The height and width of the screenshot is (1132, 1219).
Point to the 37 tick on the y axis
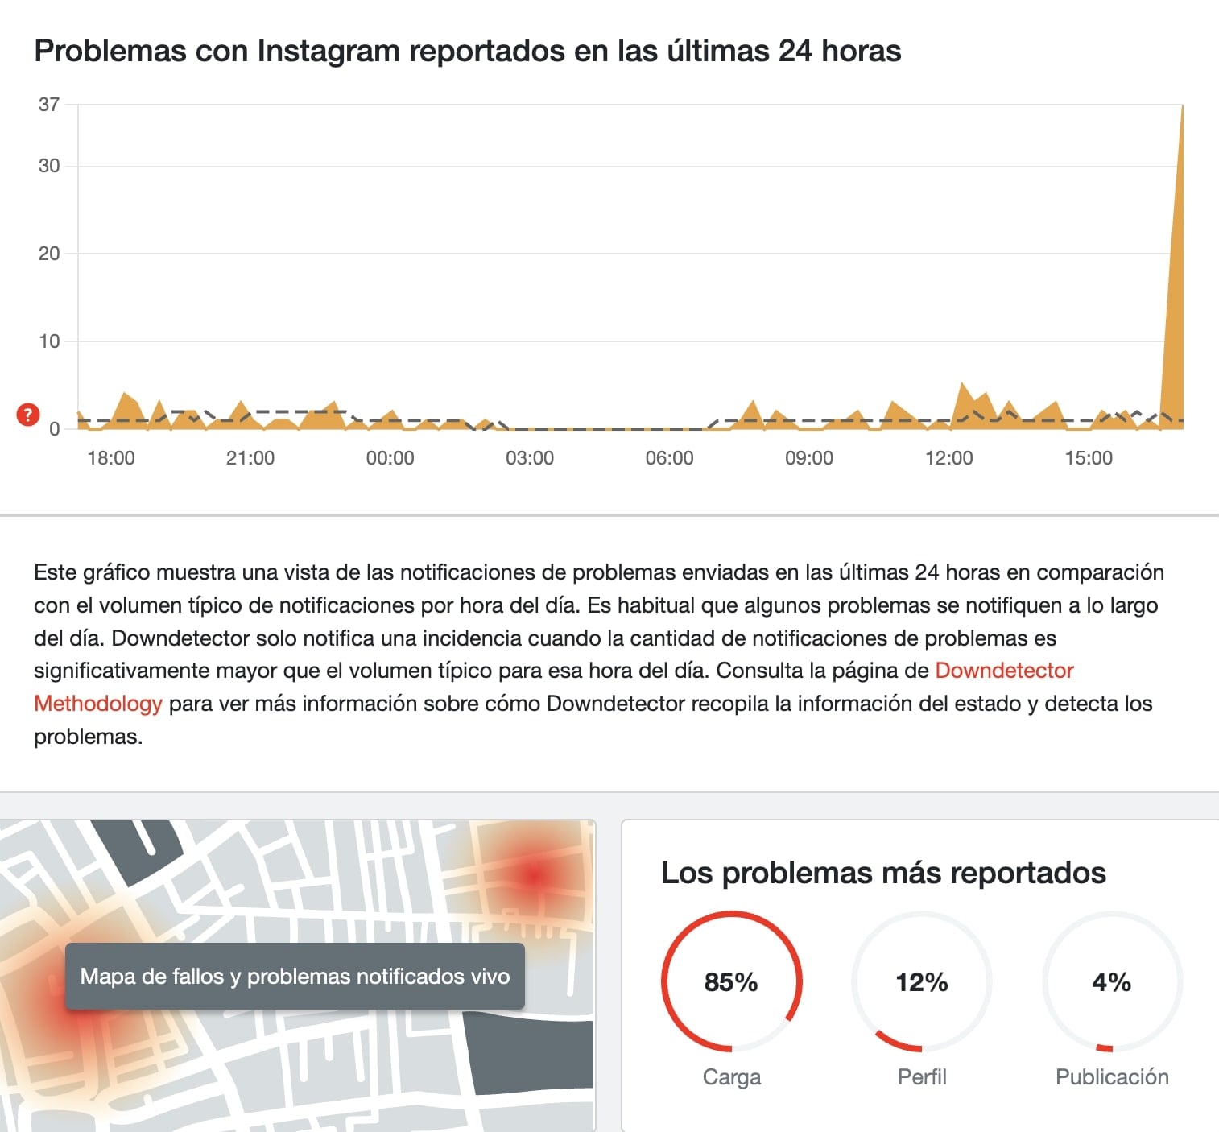click(x=49, y=105)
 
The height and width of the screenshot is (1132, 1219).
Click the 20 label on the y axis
click(x=49, y=254)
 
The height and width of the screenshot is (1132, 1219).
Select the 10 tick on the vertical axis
click(x=49, y=341)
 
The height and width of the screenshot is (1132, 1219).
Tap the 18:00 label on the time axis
click(x=111, y=458)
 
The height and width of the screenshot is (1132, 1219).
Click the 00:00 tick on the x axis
click(x=390, y=458)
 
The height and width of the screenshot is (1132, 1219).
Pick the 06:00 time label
click(x=669, y=458)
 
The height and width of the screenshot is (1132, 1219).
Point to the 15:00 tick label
click(x=1089, y=458)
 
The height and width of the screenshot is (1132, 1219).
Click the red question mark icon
click(x=28, y=415)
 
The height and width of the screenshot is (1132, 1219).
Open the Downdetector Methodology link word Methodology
click(x=98, y=704)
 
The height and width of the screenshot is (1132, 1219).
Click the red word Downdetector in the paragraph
click(x=1004, y=671)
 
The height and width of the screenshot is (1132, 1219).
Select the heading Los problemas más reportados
click(x=883, y=873)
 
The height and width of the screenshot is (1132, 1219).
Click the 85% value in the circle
click(x=731, y=982)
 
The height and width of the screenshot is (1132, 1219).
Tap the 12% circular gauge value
click(x=922, y=982)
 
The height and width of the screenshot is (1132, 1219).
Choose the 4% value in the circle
click(x=1112, y=982)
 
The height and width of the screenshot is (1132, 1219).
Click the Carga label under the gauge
click(x=731, y=1077)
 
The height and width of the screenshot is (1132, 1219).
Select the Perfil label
click(x=922, y=1077)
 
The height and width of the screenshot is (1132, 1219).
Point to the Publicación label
click(x=1112, y=1077)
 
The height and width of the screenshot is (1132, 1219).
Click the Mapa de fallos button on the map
click(x=295, y=977)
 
